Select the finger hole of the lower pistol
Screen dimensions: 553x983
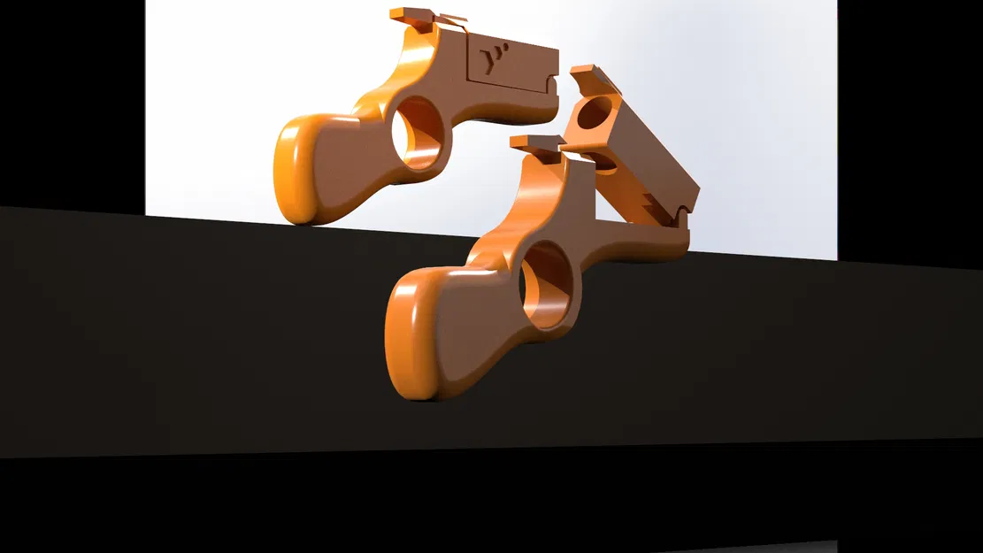click(546, 285)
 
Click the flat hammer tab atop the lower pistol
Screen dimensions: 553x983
click(536, 142)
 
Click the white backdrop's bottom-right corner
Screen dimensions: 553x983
click(836, 259)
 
